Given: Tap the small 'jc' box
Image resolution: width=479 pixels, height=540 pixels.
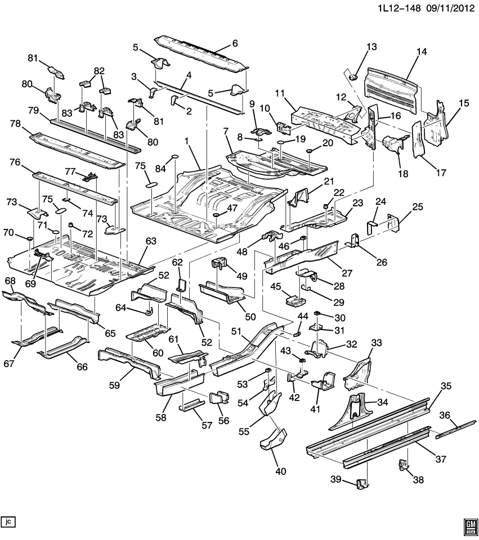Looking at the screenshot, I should coord(8,522).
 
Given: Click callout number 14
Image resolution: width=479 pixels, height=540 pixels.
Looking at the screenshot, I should coord(422,52).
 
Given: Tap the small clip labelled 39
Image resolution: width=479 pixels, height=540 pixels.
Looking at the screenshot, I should coord(362,483).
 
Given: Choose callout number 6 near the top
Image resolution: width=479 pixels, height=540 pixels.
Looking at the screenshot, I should coord(235,43).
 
